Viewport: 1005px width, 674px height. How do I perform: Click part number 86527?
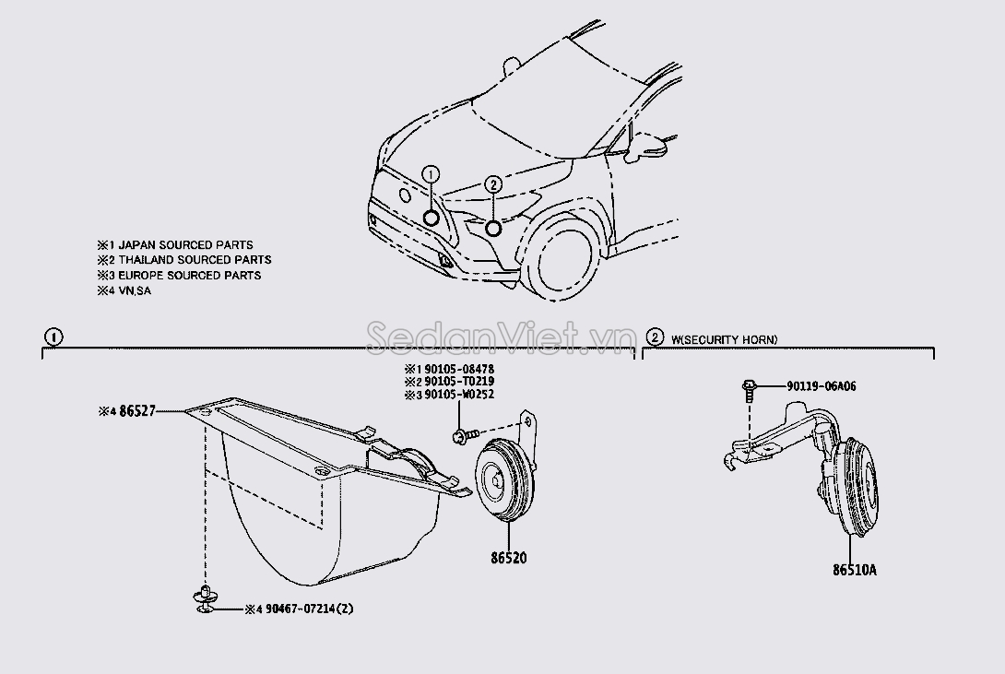click(x=137, y=411)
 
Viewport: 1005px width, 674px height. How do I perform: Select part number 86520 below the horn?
click(x=509, y=558)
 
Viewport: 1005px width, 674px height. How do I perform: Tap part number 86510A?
click(x=855, y=570)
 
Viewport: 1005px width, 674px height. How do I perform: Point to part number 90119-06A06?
click(x=821, y=386)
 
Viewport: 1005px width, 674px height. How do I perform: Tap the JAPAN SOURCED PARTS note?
click(x=186, y=244)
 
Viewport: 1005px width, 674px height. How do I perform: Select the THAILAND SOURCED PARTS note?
click(x=195, y=259)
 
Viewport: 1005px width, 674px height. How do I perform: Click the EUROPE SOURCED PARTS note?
click(x=190, y=275)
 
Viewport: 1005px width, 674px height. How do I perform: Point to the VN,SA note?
click(x=135, y=290)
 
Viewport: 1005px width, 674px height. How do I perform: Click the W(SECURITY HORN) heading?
click(x=725, y=339)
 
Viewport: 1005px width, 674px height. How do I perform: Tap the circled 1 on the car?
click(x=431, y=173)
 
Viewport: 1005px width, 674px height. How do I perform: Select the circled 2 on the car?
click(x=492, y=184)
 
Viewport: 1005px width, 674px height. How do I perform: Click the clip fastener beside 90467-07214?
click(x=205, y=599)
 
